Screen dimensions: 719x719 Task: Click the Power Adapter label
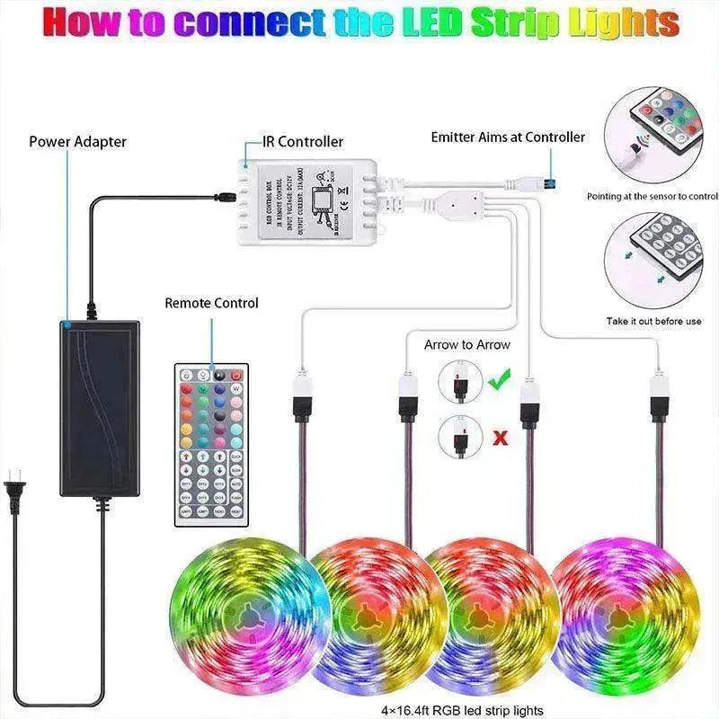coord(77,142)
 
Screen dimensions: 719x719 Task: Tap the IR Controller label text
coord(303,142)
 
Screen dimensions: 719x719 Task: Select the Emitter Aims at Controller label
coord(508,138)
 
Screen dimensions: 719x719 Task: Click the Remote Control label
coord(211,304)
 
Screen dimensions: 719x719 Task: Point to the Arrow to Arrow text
coord(466,345)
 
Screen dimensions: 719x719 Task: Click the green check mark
coord(498,381)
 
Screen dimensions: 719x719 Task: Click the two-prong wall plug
coord(16,490)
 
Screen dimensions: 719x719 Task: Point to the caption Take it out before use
coord(653,321)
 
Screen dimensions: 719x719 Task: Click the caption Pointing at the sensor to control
coord(652,196)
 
